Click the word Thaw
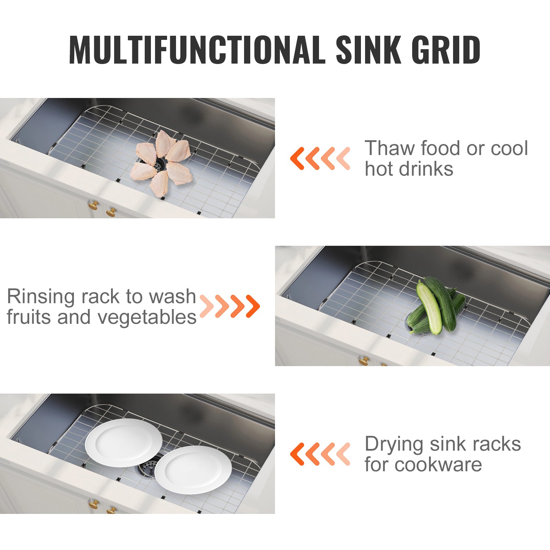pyautogui.click(x=389, y=148)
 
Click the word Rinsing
pyautogui.click(x=41, y=296)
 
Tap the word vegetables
pyautogui.click(x=147, y=317)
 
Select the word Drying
pyautogui.click(x=394, y=444)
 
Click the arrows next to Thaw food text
pyautogui.click(x=320, y=158)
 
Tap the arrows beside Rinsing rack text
pyautogui.click(x=230, y=306)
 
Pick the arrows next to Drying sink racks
pyautogui.click(x=320, y=454)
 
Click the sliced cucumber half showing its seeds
pyautogui.click(x=430, y=308)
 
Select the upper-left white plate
pyautogui.click(x=124, y=442)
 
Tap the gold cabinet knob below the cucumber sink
pyautogui.click(x=364, y=361)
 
